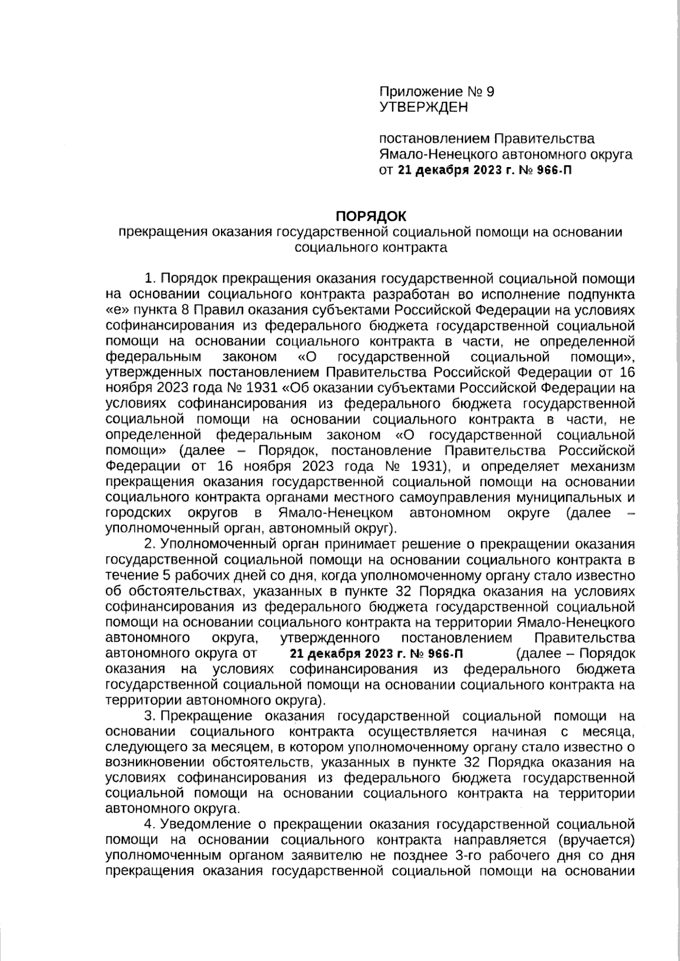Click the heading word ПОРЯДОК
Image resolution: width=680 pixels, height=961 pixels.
click(x=371, y=216)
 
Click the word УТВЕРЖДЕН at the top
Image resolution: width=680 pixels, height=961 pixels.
click(x=423, y=107)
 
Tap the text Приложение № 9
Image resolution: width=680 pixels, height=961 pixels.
click(x=436, y=92)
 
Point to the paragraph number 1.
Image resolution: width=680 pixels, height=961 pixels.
click(x=150, y=279)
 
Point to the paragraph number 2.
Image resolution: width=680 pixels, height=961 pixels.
click(x=150, y=545)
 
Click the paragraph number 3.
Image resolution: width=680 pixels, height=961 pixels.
click(x=150, y=716)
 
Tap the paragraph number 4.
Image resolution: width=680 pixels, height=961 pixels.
click(x=150, y=823)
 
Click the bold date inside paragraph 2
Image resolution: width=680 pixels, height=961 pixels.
click(x=376, y=654)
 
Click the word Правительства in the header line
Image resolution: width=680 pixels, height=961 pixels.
click(x=545, y=139)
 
